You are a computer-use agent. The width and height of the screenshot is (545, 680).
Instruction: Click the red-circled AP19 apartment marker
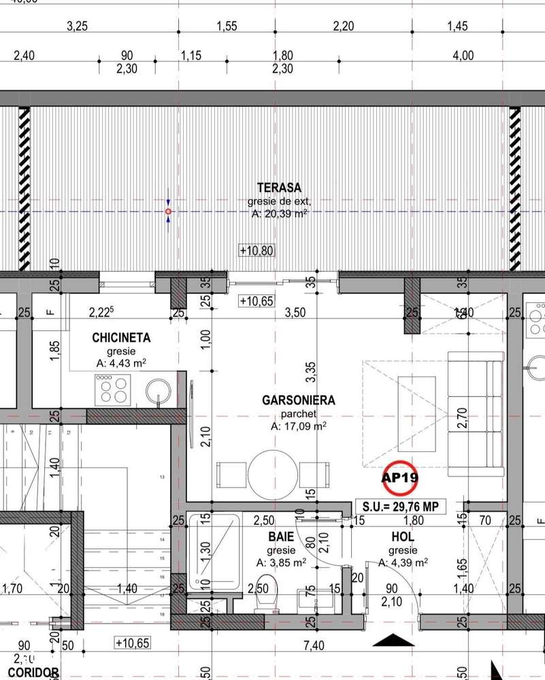point(399,478)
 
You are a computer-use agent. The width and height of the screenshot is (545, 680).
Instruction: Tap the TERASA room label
point(279,187)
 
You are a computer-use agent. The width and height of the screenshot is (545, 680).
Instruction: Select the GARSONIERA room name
point(298,400)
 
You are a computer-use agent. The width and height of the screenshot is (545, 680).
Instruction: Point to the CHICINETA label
point(121,338)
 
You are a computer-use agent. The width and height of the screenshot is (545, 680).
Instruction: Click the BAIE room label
point(281,537)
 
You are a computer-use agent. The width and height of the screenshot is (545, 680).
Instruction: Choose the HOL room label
point(401,537)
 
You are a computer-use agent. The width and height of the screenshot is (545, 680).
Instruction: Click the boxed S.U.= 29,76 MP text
point(401,506)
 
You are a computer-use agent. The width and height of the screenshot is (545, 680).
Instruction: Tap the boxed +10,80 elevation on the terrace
point(257,250)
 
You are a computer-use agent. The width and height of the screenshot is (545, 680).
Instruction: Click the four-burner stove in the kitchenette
point(114,391)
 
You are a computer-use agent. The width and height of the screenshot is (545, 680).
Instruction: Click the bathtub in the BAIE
point(214,553)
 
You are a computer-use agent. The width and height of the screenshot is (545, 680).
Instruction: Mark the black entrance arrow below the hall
point(394,640)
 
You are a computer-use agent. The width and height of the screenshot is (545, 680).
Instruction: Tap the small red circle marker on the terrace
point(168,212)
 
